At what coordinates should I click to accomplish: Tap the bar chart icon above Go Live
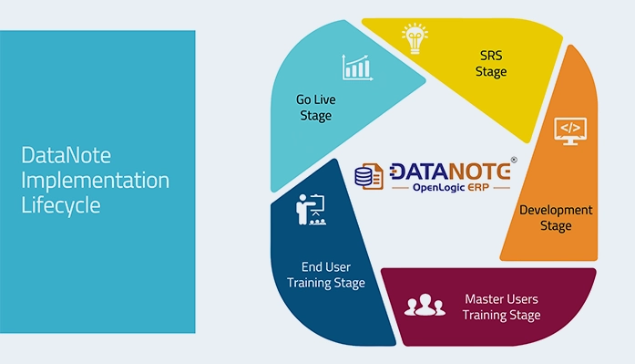click(x=357, y=67)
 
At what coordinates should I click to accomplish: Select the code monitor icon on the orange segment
click(x=571, y=130)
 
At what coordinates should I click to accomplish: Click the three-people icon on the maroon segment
click(x=424, y=304)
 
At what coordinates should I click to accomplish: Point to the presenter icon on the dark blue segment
click(x=308, y=211)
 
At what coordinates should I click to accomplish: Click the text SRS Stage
click(x=491, y=64)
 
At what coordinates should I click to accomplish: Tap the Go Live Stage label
click(x=313, y=108)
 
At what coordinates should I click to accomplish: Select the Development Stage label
click(x=556, y=217)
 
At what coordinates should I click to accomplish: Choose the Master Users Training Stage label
click(x=501, y=307)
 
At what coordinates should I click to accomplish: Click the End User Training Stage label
click(x=326, y=275)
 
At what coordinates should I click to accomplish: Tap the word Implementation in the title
click(x=95, y=181)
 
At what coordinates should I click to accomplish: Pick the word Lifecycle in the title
click(x=60, y=205)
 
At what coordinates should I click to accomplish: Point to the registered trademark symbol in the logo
click(x=513, y=160)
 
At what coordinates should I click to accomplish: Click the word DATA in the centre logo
click(x=416, y=171)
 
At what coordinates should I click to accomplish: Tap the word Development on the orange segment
click(x=556, y=210)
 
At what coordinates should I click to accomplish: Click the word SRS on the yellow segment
click(x=491, y=56)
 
